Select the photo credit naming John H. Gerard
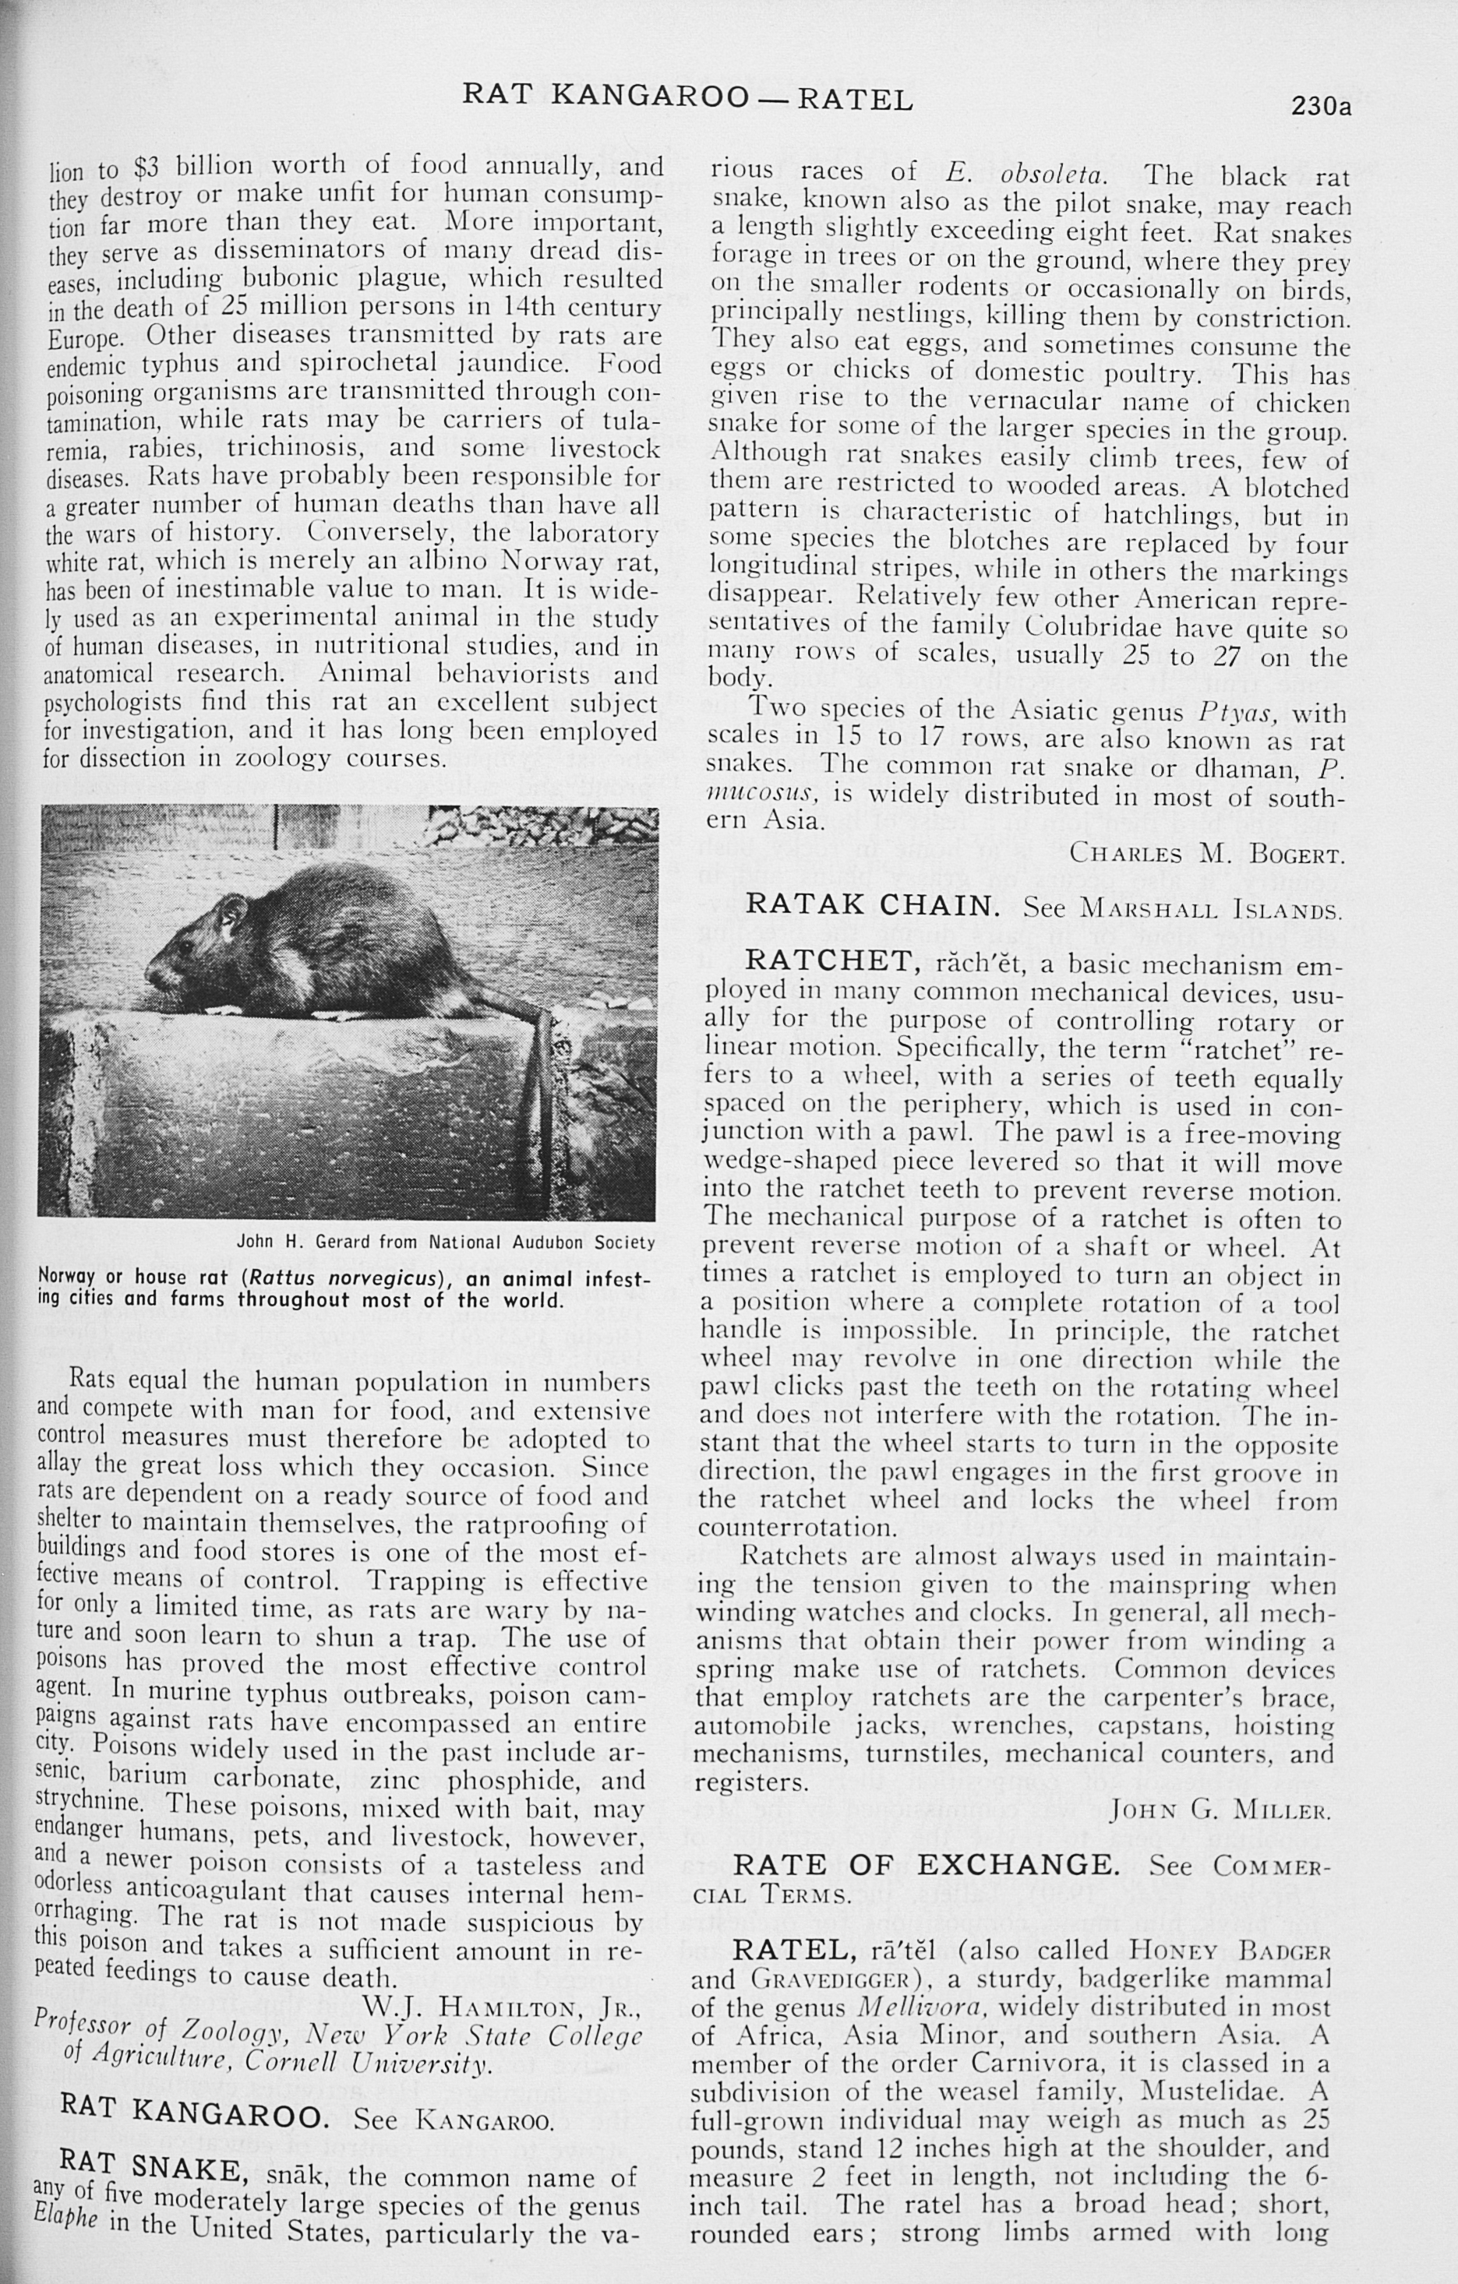coord(445,1242)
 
